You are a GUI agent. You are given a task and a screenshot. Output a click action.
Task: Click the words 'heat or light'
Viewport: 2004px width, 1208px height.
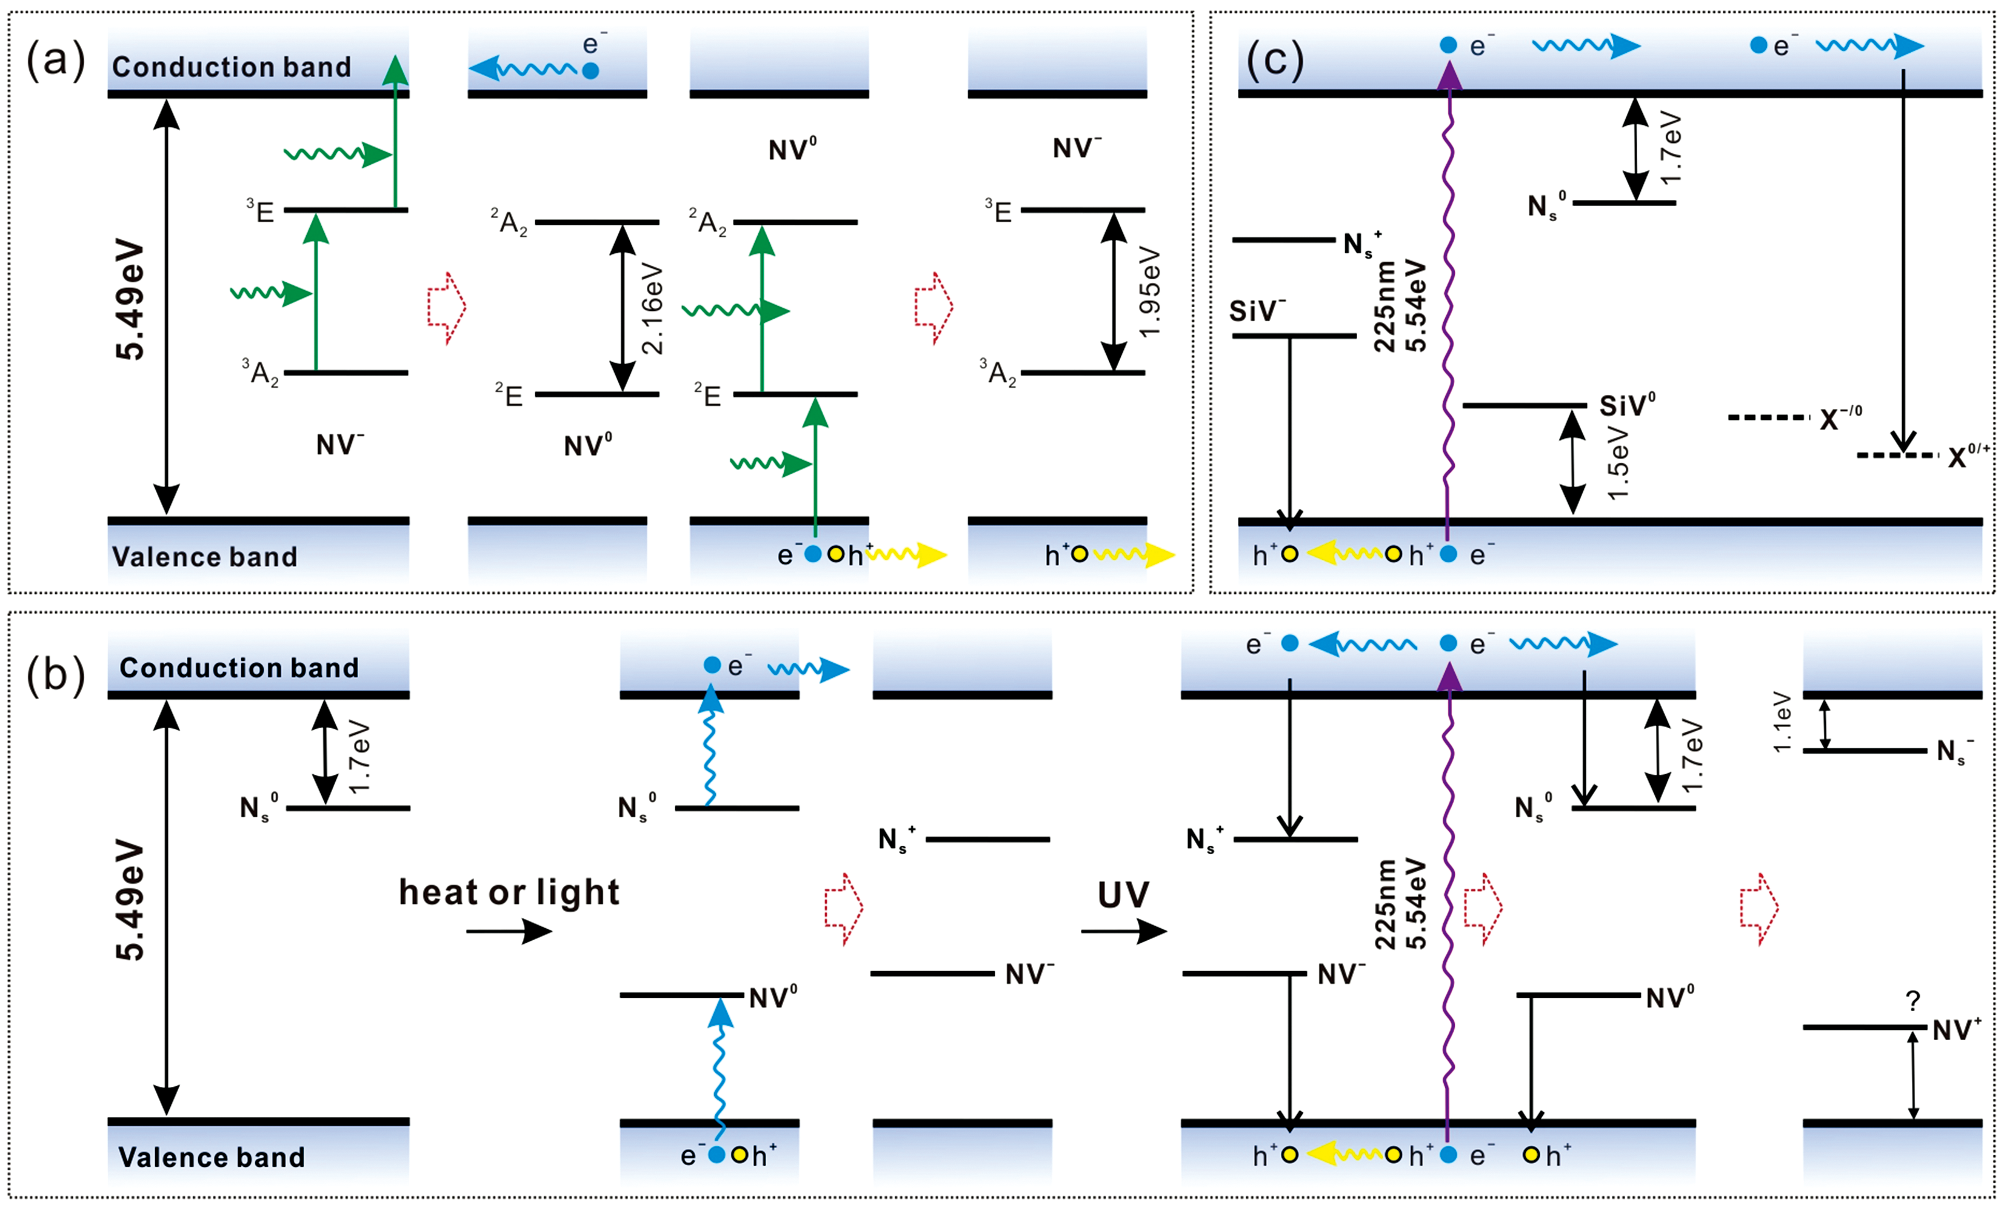[x=509, y=892]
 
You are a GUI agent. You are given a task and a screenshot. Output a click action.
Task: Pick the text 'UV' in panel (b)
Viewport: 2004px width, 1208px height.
[x=1123, y=895]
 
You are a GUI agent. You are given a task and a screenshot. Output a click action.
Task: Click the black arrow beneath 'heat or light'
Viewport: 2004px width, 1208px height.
[x=509, y=931]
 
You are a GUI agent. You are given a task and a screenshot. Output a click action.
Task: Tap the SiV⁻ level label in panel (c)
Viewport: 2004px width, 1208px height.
[x=1257, y=311]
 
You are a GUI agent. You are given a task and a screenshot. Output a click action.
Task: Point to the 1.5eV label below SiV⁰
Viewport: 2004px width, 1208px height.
[x=1618, y=463]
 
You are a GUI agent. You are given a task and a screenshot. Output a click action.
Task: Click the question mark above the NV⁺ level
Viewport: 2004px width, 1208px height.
[x=1913, y=1001]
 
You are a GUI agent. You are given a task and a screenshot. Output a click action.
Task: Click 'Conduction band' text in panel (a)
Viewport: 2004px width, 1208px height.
[x=232, y=67]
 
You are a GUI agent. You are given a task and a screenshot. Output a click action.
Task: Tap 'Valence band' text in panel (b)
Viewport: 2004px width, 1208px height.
[x=212, y=1157]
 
